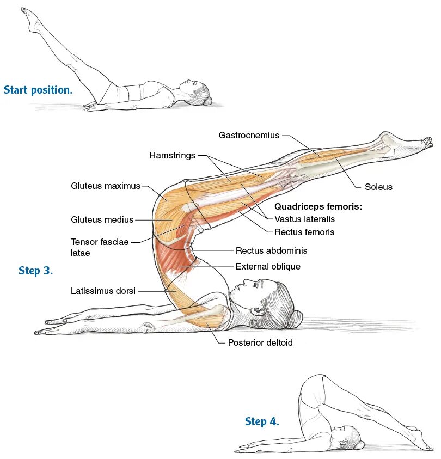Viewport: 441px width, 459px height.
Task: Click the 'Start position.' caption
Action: click(x=38, y=90)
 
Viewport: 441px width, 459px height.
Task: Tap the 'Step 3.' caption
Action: click(x=36, y=271)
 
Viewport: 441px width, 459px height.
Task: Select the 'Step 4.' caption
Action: click(x=262, y=421)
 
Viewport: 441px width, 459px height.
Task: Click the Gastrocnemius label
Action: click(x=249, y=135)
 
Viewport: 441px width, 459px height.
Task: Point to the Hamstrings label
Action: click(x=172, y=156)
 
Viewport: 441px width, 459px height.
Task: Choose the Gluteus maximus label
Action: click(x=106, y=186)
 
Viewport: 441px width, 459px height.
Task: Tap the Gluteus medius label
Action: click(x=102, y=219)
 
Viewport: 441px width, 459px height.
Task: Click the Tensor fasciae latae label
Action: click(x=100, y=247)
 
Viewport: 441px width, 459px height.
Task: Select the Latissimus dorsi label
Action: click(x=103, y=291)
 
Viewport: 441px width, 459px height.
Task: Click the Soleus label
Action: click(x=378, y=187)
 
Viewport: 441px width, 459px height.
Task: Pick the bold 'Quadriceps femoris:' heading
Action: click(x=318, y=207)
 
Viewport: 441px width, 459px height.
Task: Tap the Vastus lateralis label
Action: click(x=304, y=219)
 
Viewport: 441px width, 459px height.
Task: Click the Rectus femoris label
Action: click(x=304, y=232)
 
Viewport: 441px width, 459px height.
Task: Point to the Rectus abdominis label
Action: click(x=271, y=251)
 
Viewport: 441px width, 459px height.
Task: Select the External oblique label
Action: click(x=268, y=267)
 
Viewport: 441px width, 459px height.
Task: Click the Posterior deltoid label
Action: click(x=260, y=343)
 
